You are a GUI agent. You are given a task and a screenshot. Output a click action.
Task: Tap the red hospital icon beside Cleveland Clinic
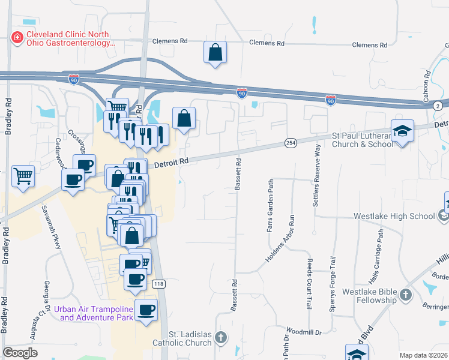pyautogui.click(x=17, y=38)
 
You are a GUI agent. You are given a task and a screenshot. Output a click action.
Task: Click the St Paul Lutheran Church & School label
pyautogui.click(x=363, y=140)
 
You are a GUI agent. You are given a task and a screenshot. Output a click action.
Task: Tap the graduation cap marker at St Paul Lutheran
pyautogui.click(x=402, y=131)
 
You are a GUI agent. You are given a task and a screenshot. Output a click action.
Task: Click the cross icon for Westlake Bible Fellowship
pyautogui.click(x=406, y=295)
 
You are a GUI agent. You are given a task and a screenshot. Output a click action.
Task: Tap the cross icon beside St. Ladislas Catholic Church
pyautogui.click(x=221, y=338)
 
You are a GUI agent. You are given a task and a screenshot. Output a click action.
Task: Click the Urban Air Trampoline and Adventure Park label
pyautogui.click(x=93, y=313)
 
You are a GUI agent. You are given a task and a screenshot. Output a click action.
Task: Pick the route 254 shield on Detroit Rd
pyautogui.click(x=291, y=142)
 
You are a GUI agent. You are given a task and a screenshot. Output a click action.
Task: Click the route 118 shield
pyautogui.click(x=158, y=284)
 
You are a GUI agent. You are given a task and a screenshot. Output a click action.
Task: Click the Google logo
pyautogui.click(x=20, y=353)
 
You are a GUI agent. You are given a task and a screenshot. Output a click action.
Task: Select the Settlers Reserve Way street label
pyautogui.click(x=315, y=176)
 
